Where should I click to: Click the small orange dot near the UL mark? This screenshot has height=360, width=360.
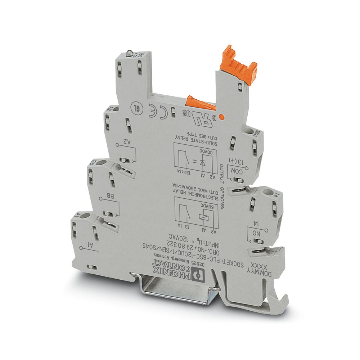coord(222,117)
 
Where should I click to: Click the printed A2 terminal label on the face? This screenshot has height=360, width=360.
coord(127,143)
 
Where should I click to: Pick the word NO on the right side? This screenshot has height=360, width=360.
coord(256,233)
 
